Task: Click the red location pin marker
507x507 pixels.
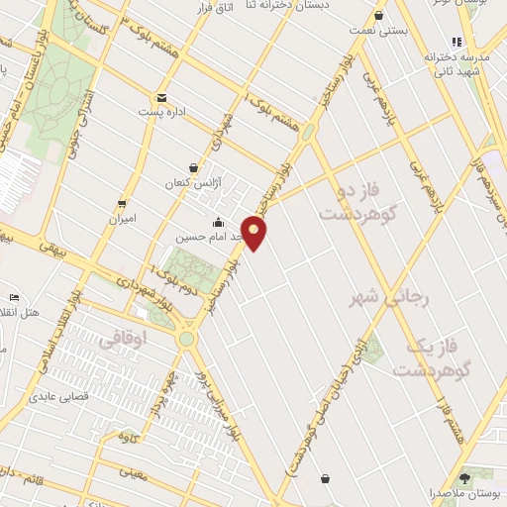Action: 254,233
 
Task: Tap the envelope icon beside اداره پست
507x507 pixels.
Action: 160,98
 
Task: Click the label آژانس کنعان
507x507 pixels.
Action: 193,184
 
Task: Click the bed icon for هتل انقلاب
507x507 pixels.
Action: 14,297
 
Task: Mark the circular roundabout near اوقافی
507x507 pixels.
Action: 185,340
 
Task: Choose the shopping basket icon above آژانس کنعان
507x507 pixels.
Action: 193,168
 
